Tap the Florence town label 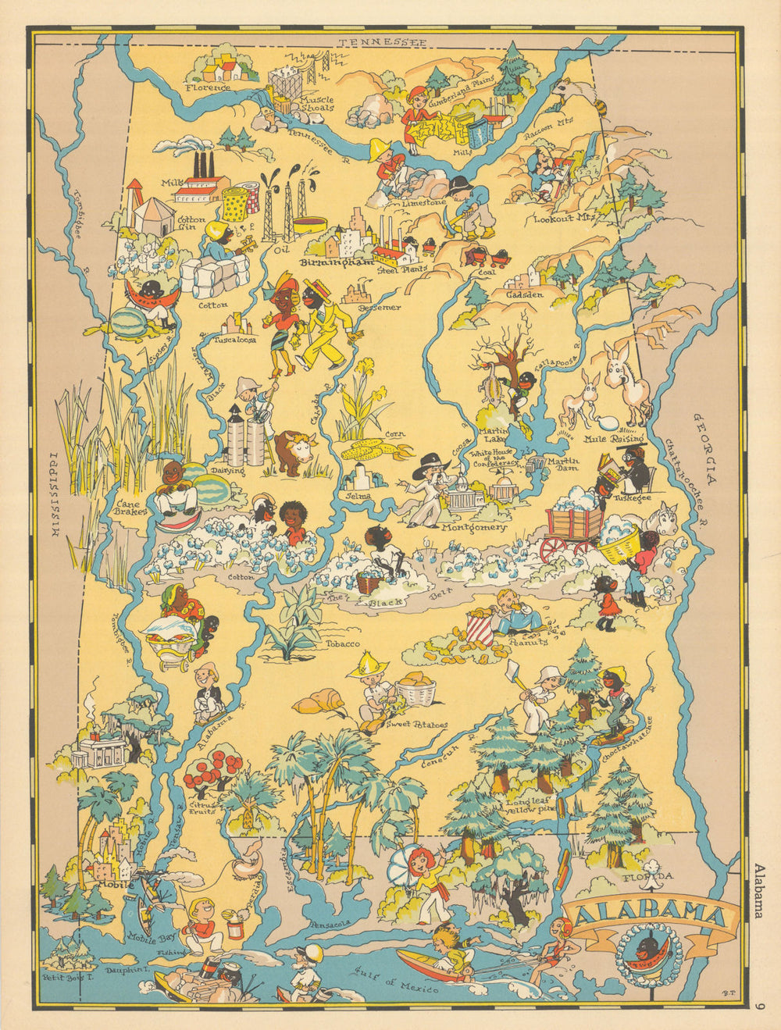coord(208,87)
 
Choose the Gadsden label coord(524,294)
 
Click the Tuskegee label coord(632,497)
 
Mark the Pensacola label coord(330,924)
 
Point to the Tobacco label coord(343,643)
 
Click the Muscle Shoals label coord(317,104)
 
